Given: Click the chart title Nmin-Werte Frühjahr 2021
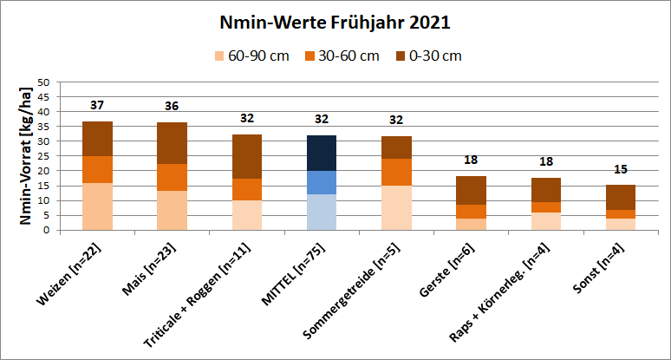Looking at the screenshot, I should coord(335,22).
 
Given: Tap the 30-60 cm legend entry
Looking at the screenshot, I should coord(342,56).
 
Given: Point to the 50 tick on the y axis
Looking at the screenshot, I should coord(42,82).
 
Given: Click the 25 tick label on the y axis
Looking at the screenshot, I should coord(42,156).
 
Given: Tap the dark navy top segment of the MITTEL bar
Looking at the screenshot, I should coord(322,153).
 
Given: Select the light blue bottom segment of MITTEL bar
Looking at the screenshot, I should coord(322,212).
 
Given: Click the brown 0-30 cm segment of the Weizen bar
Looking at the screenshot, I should coord(97,139).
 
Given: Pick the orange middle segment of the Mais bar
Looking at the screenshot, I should coord(172,177).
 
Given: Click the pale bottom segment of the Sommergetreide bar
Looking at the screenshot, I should coord(397,207).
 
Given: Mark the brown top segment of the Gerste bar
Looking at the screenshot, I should coord(472,190).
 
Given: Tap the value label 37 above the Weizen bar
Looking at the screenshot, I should coord(97,106).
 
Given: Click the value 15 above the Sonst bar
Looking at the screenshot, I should coord(621,169).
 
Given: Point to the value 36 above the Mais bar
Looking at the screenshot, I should coord(172,107).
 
